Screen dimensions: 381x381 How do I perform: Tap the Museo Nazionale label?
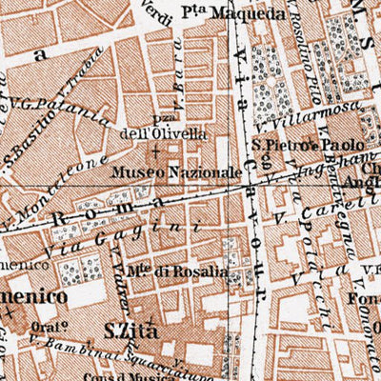175,172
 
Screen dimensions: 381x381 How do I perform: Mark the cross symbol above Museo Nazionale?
155,152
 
